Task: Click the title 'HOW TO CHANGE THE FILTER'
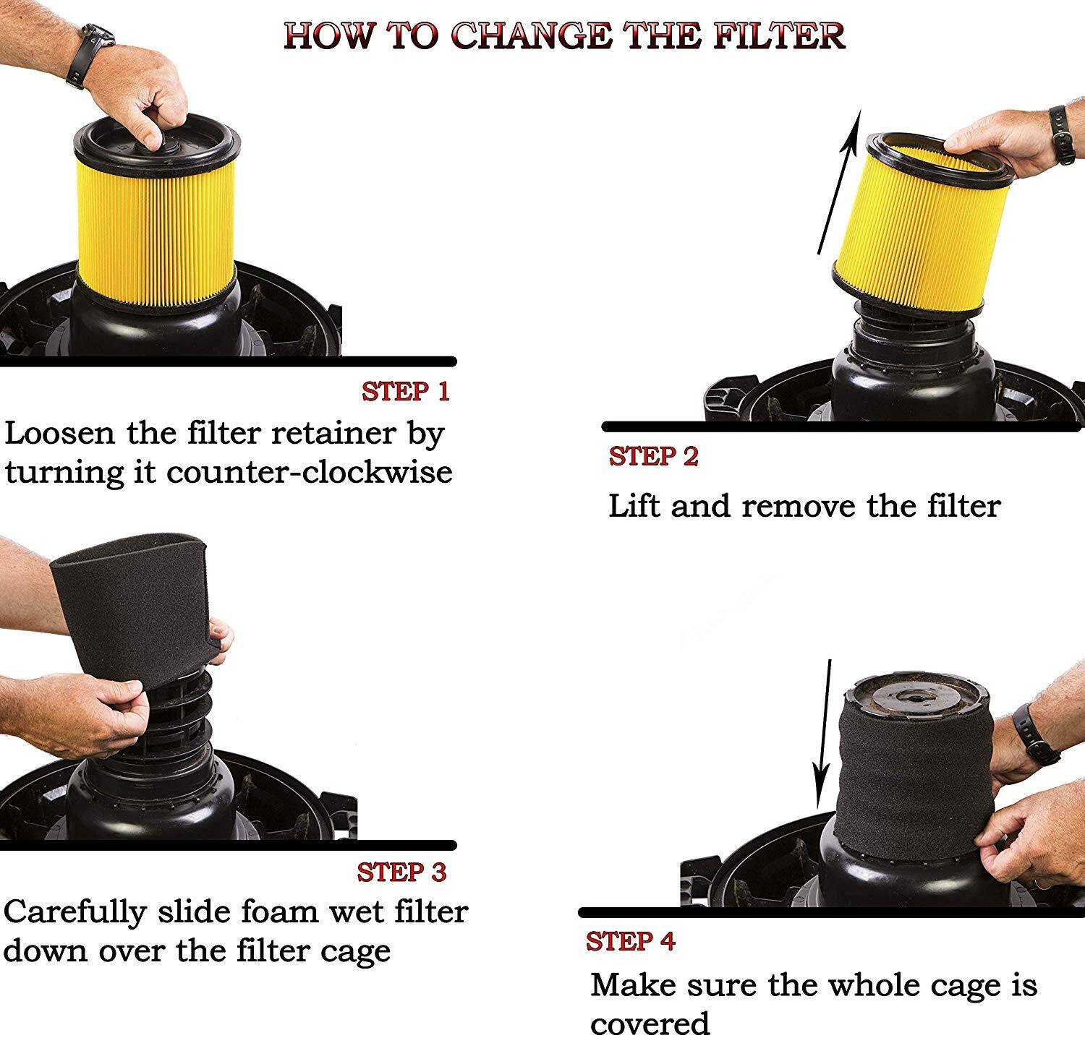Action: [564, 35]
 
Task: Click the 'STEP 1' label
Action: [405, 391]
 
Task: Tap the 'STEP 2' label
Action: [653, 457]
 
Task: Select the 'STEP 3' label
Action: [401, 872]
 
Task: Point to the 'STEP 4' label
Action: [630, 942]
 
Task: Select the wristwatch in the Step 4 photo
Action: [1034, 734]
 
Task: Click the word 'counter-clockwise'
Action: [310, 472]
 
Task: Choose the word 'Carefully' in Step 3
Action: [75, 912]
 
